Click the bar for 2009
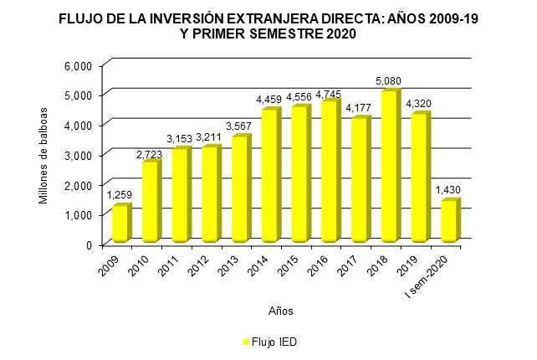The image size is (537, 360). click(120, 224)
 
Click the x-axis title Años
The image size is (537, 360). click(280, 310)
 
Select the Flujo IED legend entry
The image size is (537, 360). click(270, 342)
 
